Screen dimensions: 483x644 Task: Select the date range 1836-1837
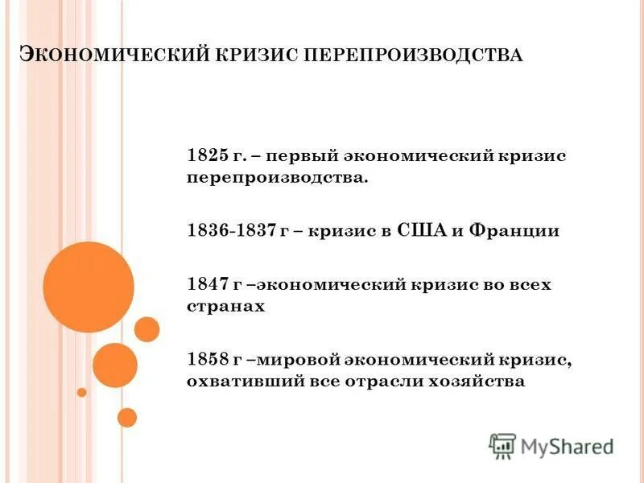pos(232,231)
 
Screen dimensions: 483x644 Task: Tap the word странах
pos(226,307)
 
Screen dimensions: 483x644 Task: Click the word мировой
pos(295,360)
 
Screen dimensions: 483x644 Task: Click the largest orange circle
pos(89,287)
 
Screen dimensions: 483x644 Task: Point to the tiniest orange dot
pos(81,392)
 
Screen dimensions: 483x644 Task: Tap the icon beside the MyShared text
pos(502,446)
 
